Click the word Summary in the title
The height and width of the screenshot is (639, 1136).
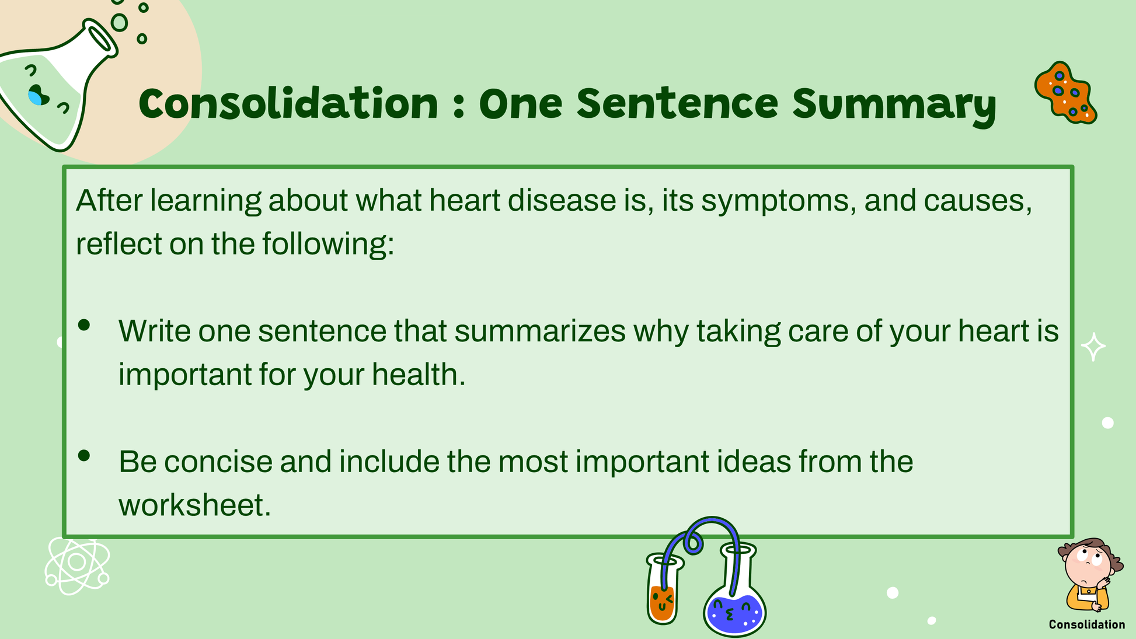click(894, 104)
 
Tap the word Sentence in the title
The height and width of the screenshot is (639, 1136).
click(678, 103)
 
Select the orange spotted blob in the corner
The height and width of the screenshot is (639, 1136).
click(1065, 93)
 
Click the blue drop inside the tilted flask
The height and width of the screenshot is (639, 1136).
click(37, 95)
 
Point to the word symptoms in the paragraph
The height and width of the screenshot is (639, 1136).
click(778, 201)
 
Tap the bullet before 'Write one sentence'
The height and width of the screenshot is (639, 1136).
click(84, 325)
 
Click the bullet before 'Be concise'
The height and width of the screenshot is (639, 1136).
click(84, 456)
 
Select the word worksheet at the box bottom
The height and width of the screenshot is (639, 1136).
click(194, 505)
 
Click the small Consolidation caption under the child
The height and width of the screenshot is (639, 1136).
click(1087, 624)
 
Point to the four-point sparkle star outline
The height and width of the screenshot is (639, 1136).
click(1093, 347)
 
